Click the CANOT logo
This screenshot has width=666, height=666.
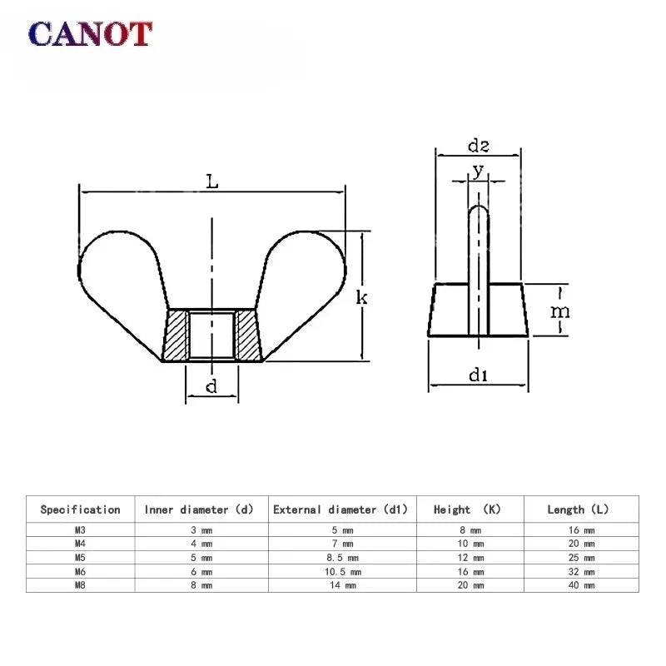90,34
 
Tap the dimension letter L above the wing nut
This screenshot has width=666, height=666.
212,181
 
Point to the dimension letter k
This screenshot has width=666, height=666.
362,297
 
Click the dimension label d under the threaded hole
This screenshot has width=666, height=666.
211,385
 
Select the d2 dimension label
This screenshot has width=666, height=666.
478,147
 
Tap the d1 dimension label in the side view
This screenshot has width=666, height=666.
477,376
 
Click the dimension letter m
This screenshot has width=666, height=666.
561,311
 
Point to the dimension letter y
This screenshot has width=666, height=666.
477,170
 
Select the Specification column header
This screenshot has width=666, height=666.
80,509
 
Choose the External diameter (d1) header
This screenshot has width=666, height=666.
344,509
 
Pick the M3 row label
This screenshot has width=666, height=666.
80,530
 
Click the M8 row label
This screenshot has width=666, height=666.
80,585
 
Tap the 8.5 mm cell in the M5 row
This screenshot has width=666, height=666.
344,558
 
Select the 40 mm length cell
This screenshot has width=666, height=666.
582,585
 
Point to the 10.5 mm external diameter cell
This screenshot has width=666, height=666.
344,572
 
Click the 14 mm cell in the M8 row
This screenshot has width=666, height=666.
344,585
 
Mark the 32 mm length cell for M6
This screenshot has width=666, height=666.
582,572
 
